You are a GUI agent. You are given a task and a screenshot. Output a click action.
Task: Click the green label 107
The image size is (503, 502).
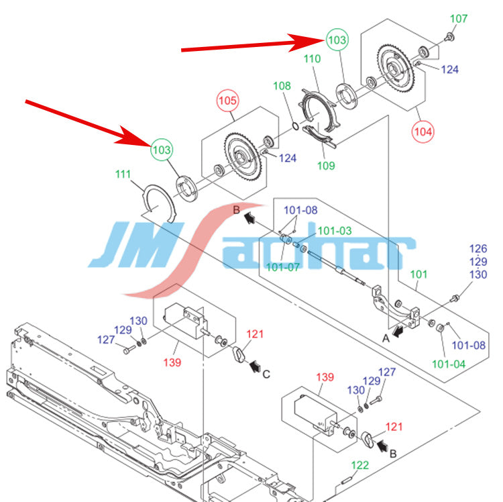click(x=458, y=19)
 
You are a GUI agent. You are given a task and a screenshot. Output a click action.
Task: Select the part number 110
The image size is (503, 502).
click(x=313, y=59)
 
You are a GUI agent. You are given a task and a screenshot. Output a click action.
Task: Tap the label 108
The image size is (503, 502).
click(x=282, y=86)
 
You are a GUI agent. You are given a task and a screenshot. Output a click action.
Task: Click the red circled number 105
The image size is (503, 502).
click(x=228, y=101)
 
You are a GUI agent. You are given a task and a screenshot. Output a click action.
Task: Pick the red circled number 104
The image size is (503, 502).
click(x=423, y=131)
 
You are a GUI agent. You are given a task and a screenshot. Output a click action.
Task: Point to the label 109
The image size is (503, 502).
click(x=326, y=165)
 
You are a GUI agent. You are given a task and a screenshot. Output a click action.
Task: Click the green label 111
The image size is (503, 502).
click(x=123, y=174)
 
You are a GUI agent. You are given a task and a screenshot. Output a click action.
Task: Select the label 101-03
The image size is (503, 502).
click(x=334, y=230)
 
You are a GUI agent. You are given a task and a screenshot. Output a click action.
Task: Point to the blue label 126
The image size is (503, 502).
click(x=478, y=249)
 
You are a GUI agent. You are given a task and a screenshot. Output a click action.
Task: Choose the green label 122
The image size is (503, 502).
click(x=360, y=464)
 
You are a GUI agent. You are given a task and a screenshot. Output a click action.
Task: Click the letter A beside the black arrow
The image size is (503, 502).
click(x=385, y=339)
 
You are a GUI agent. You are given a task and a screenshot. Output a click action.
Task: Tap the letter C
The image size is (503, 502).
click(x=266, y=374)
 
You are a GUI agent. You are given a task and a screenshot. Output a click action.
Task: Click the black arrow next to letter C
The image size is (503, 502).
click(x=255, y=366)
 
